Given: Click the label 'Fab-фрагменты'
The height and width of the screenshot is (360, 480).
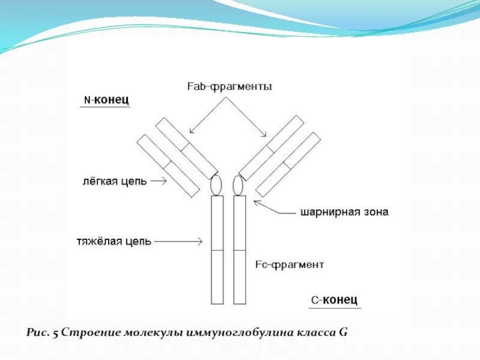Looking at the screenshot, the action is [229, 87].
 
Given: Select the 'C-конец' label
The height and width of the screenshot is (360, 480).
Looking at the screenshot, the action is [334, 299].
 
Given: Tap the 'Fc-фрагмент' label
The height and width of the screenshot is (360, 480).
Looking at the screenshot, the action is [290, 264].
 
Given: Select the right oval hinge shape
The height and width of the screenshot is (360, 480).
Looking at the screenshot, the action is [238, 185].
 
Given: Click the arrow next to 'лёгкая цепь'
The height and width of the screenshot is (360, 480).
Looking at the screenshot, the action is [158, 181].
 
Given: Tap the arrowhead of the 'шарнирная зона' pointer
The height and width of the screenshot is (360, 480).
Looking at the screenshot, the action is [257, 203].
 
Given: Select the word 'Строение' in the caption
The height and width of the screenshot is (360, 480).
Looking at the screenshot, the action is [88, 332].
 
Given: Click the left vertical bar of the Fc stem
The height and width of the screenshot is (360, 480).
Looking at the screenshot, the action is [217, 249].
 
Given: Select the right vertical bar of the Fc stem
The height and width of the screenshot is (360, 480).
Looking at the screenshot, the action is [239, 249].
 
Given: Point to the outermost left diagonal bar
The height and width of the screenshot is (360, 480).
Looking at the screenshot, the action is [168, 166].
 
